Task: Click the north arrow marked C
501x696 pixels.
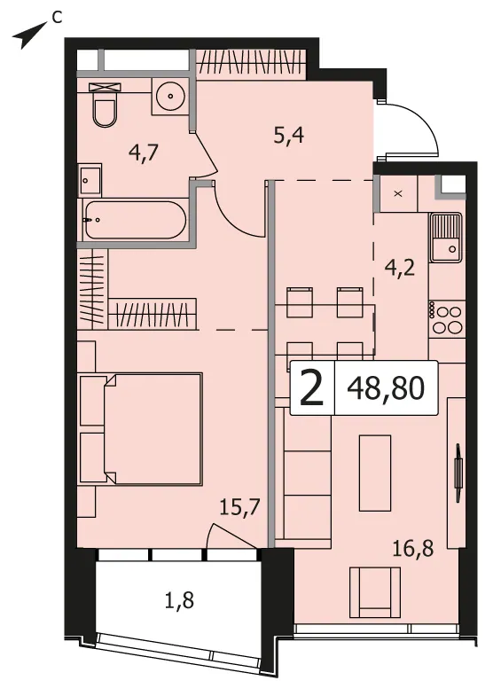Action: click(29, 35)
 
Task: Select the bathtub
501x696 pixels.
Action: click(135, 220)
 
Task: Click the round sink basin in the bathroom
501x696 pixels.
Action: click(170, 96)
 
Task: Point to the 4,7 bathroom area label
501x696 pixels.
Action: click(144, 153)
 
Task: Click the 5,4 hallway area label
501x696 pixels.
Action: click(289, 135)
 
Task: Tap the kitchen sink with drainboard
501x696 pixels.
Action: click(445, 238)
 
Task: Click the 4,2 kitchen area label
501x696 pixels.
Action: click(400, 268)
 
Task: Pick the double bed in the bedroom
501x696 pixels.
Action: click(141, 429)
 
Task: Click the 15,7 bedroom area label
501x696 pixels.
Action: click(239, 506)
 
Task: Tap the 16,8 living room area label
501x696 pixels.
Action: click(412, 549)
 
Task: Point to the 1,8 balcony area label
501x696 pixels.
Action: click(179, 601)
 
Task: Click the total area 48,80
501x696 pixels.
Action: click(386, 388)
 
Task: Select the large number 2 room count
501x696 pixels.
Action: click(311, 388)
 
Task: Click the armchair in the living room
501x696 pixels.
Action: click(375, 592)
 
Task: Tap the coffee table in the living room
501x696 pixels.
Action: click(375, 473)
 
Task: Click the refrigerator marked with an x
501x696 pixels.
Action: click(398, 194)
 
